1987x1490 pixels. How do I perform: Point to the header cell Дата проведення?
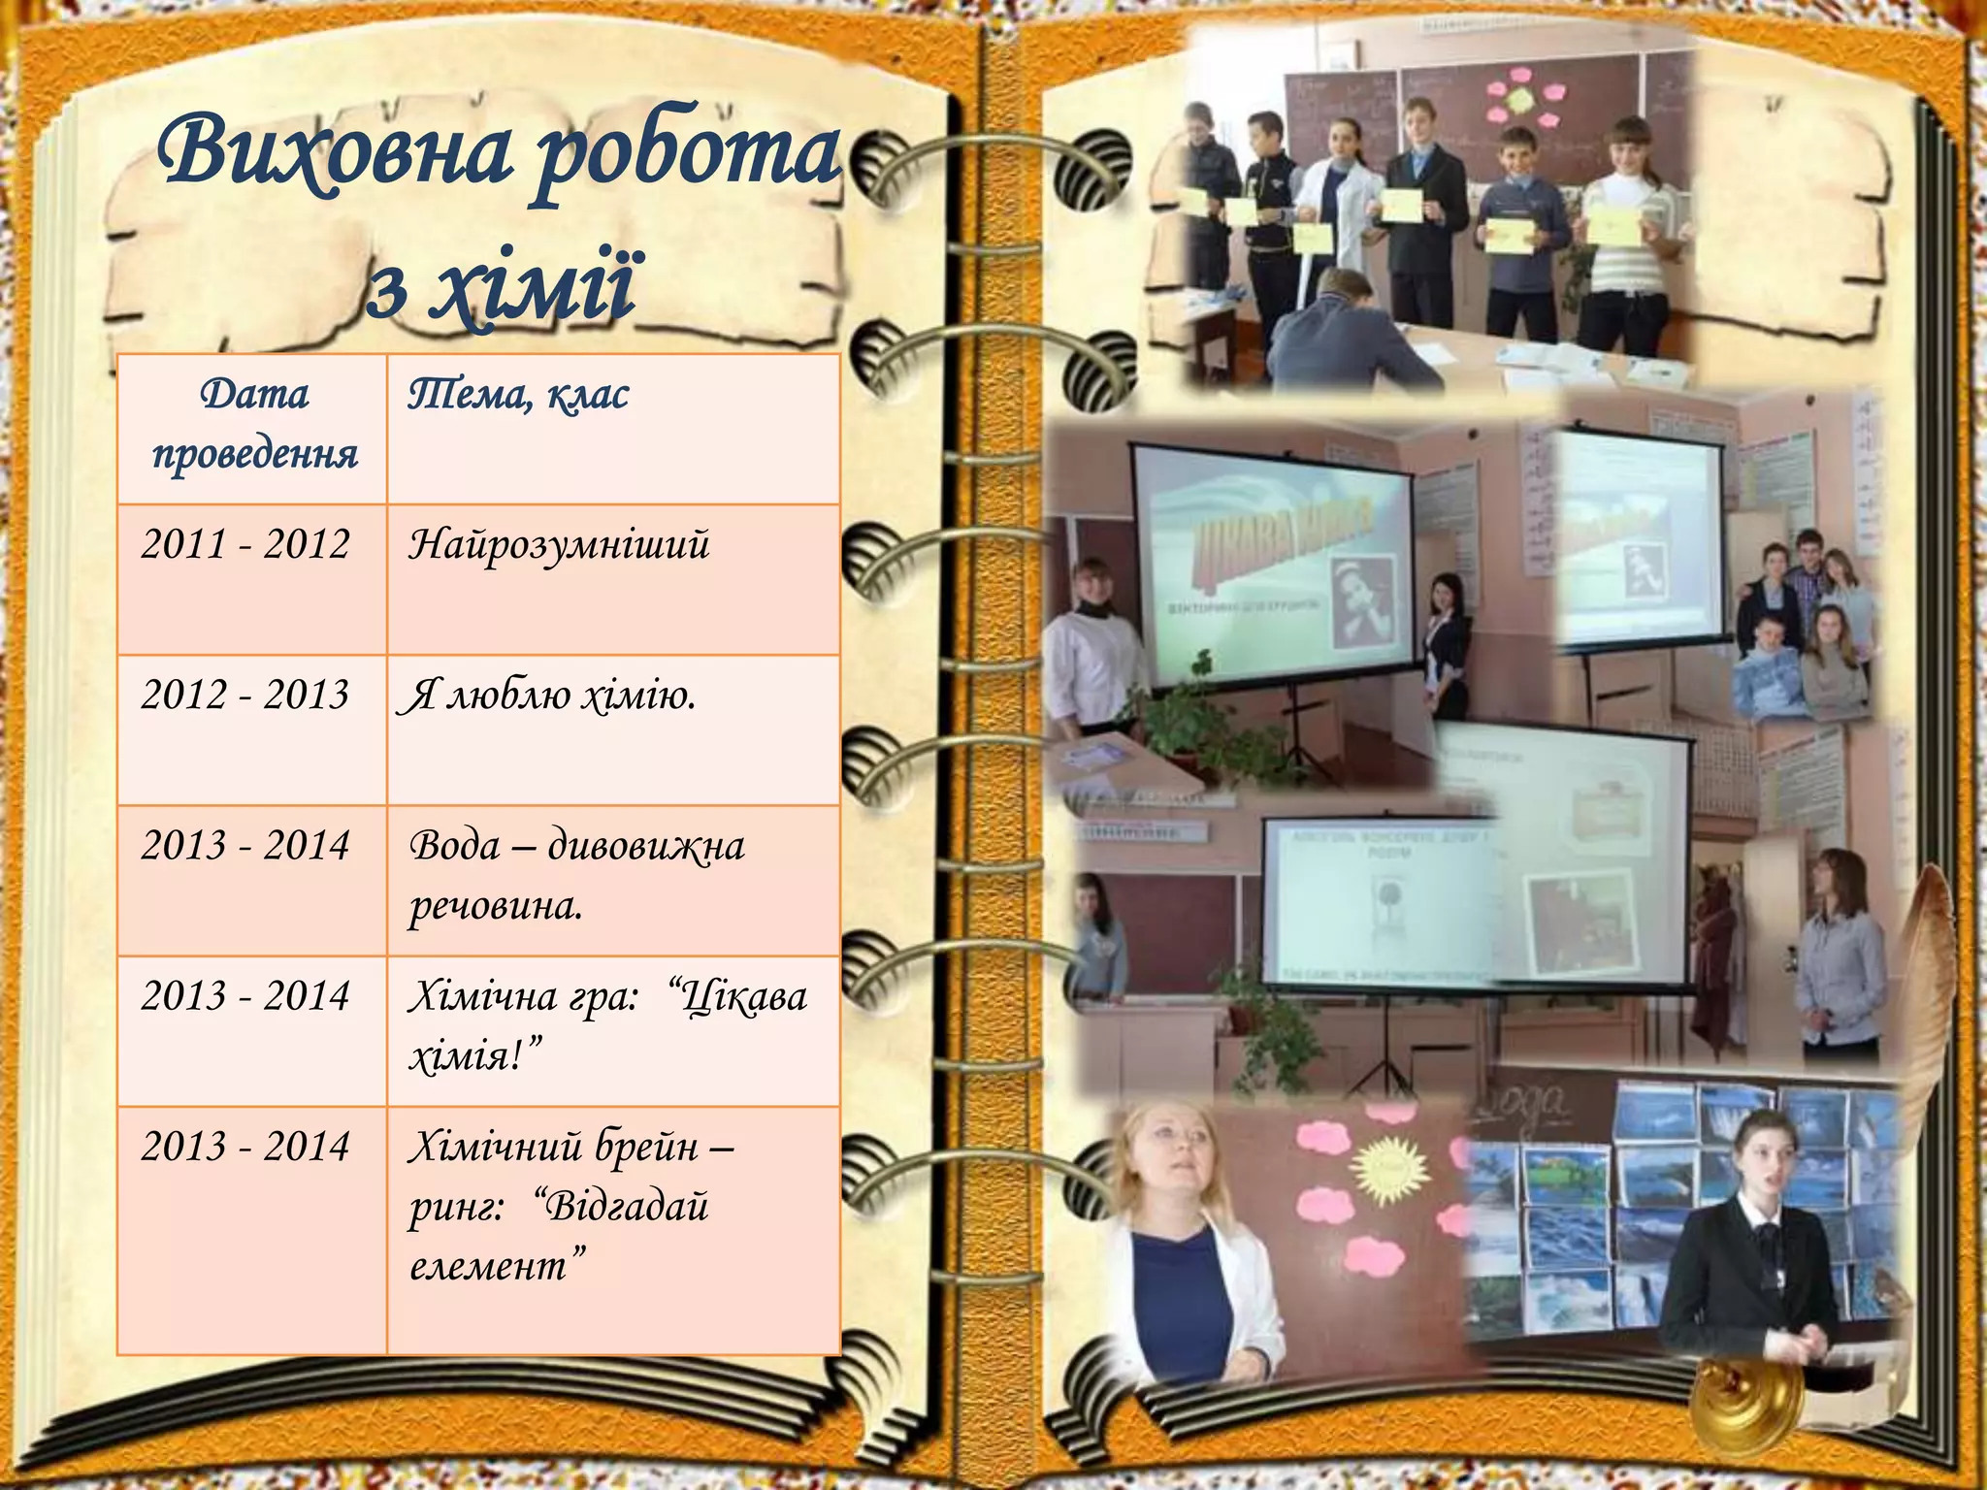point(254,424)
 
